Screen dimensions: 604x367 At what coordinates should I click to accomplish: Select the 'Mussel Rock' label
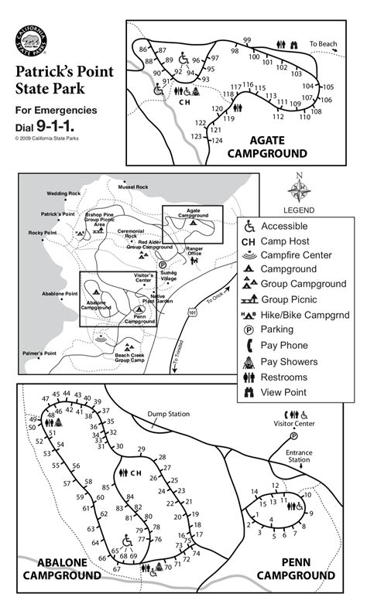point(132,187)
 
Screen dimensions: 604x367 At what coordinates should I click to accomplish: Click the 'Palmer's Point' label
point(39,353)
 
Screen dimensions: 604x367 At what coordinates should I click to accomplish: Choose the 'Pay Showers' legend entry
point(289,361)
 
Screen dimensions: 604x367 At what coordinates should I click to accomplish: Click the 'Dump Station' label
point(168,415)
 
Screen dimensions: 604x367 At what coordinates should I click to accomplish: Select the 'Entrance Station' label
point(300,457)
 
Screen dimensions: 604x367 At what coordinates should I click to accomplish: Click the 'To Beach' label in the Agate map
point(324,44)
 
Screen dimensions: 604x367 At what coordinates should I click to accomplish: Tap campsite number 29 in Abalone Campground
point(141,449)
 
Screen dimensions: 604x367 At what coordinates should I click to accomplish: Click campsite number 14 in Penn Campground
point(254,492)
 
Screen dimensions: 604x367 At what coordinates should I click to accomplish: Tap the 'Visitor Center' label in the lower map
point(294,424)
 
